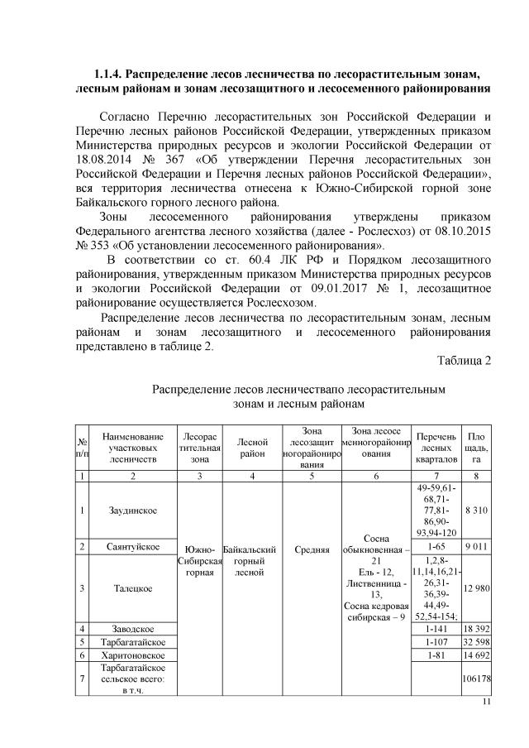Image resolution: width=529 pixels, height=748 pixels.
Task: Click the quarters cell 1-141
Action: [x=436, y=629]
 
